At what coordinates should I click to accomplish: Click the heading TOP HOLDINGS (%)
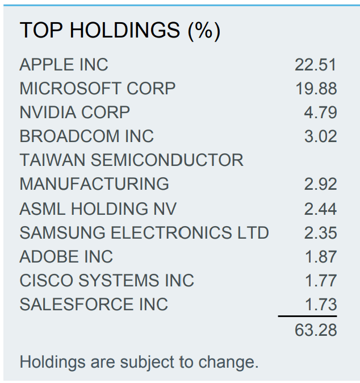120,31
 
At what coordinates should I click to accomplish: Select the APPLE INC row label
64,65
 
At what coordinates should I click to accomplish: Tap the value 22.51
316,65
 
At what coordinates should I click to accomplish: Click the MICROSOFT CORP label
98,89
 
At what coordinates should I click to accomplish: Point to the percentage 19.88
316,89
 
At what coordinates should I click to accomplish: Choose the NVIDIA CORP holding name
74,113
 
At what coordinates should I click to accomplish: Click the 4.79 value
320,113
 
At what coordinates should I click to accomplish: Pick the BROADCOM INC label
86,136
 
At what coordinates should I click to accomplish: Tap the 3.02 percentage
320,136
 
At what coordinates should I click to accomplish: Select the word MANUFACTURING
94,184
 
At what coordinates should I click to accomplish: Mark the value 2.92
320,184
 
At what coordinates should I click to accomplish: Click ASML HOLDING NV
98,209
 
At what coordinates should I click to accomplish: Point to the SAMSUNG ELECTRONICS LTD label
144,233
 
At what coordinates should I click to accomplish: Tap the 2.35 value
320,233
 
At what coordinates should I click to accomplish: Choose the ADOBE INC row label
66,257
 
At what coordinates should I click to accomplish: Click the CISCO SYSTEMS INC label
107,281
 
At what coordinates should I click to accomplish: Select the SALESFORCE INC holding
94,305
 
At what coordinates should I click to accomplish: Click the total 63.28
316,330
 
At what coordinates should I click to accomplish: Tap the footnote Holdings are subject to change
139,362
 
